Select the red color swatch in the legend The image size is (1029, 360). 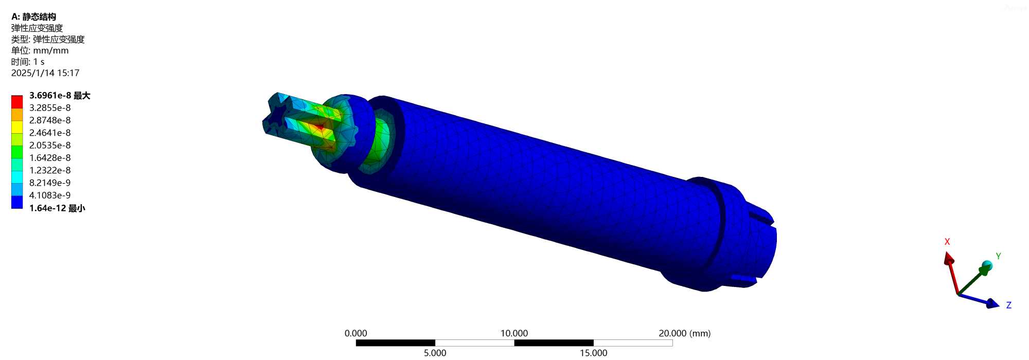pos(17,101)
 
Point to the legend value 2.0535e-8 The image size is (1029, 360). pos(50,146)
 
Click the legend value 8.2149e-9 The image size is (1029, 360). pos(50,183)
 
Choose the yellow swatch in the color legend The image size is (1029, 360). pos(17,127)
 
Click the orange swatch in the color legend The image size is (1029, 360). pos(17,114)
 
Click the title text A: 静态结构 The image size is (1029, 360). pos(33,17)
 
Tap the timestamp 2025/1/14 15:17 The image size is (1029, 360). pos(45,73)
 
